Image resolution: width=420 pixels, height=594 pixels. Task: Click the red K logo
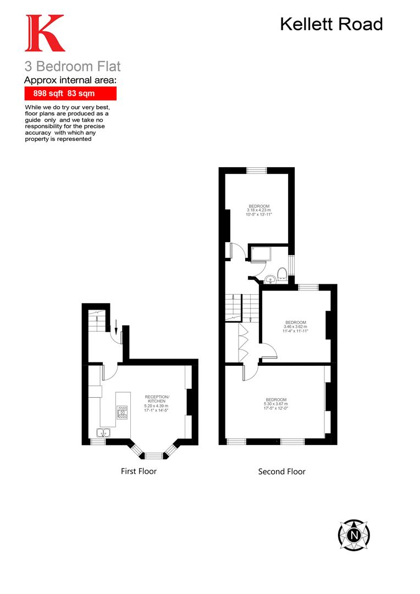coord(44,34)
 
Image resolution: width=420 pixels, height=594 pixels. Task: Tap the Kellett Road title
coord(331,24)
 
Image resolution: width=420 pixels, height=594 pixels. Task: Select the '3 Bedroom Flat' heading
coord(72,67)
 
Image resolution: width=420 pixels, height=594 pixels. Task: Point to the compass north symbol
coord(353,534)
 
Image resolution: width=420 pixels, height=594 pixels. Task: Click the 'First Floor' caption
coord(139,471)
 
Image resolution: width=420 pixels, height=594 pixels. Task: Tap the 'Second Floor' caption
coord(281,471)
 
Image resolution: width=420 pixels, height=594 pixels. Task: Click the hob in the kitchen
coord(122,413)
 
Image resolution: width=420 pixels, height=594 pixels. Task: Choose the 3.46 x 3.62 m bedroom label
coord(295,327)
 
